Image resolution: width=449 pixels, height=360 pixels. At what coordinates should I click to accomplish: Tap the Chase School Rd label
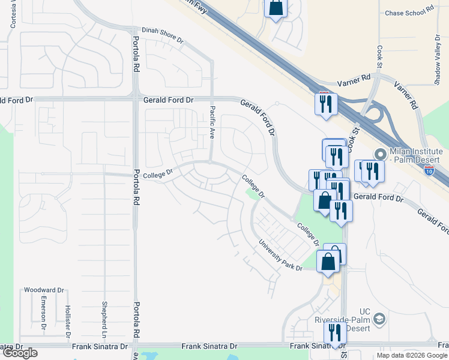click(x=409, y=12)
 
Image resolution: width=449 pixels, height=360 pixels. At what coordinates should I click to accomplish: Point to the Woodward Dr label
click(x=43, y=290)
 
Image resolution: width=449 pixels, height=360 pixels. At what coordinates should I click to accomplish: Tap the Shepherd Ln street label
click(x=104, y=315)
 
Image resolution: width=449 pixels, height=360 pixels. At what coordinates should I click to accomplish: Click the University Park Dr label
click(x=280, y=256)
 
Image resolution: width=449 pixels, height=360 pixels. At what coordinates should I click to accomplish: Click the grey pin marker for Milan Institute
click(x=379, y=154)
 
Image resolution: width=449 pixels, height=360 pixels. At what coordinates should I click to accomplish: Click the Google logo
click(x=19, y=353)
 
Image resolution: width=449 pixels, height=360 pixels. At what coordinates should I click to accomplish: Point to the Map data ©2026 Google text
click(x=411, y=355)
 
